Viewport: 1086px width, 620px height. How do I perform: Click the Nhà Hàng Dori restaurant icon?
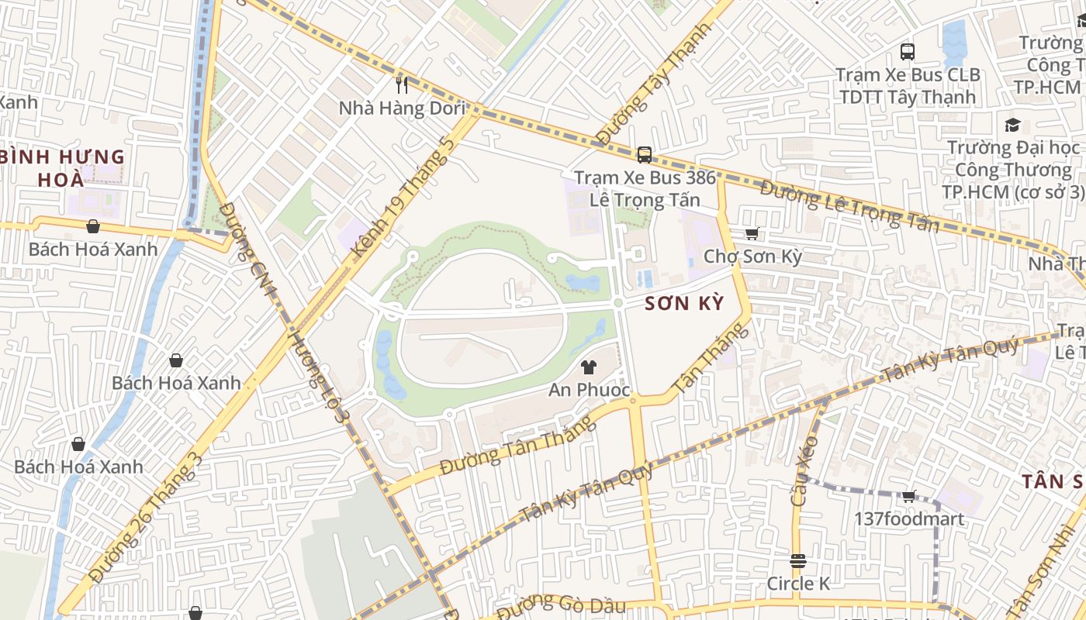(402, 84)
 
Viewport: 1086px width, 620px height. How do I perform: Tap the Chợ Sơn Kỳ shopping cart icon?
(752, 233)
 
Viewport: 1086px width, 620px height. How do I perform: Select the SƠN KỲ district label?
(684, 303)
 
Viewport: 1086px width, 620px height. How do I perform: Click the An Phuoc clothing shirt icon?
(589, 367)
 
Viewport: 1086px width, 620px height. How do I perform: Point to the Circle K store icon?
(798, 560)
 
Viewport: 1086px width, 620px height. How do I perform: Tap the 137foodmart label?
(909, 518)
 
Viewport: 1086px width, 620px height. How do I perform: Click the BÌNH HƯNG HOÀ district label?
(62, 168)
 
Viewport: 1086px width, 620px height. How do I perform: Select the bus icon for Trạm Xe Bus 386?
(645, 154)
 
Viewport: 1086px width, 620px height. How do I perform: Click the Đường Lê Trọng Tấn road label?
(849, 206)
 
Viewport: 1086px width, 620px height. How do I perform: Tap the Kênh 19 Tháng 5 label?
(402, 198)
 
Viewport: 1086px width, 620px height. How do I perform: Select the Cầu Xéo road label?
(804, 471)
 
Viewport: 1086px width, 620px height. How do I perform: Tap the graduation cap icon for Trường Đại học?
(1012, 126)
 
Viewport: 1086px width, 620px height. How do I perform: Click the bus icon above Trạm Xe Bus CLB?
(908, 52)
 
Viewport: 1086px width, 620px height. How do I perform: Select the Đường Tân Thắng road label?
(517, 445)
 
